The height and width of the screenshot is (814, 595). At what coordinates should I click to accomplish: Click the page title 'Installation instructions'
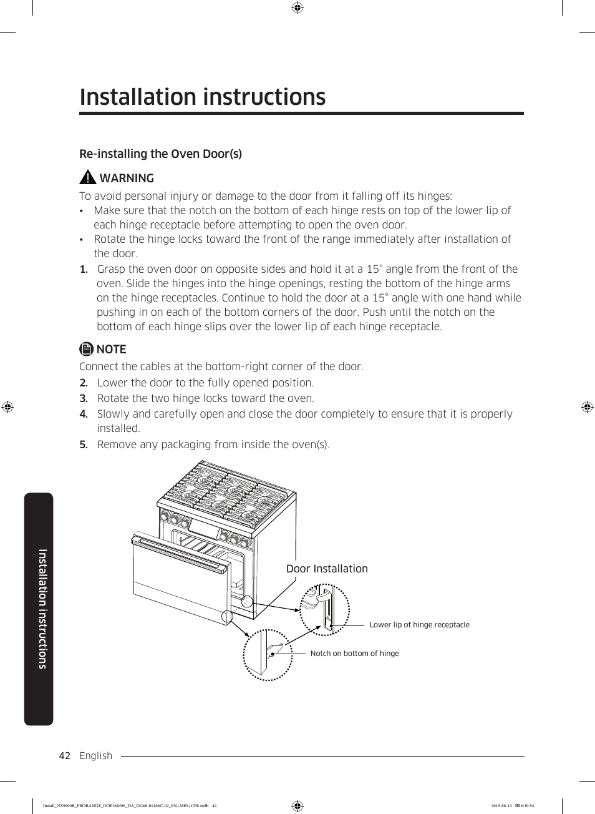(203, 97)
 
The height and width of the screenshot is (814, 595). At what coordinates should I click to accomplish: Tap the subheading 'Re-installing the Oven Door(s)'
(160, 154)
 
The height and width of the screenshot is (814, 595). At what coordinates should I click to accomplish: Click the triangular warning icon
(88, 178)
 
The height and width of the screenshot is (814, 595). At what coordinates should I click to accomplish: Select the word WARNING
(127, 179)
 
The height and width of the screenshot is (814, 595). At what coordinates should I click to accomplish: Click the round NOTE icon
(87, 349)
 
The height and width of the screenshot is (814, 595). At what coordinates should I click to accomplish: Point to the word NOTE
(112, 350)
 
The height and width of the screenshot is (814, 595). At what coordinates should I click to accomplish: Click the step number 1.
(84, 270)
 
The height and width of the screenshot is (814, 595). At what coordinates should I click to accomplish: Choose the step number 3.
(84, 398)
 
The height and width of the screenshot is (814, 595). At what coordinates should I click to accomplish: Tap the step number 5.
(84, 444)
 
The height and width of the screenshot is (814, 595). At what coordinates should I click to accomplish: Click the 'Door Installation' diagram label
(327, 569)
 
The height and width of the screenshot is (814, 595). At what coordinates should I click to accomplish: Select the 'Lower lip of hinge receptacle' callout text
(419, 625)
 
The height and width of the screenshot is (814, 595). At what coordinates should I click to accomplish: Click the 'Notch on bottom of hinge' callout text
(354, 654)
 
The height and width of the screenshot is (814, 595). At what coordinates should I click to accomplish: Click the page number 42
(64, 756)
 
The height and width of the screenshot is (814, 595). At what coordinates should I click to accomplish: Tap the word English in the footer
(96, 756)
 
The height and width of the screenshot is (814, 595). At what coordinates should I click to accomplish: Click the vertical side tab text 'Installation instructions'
(42, 609)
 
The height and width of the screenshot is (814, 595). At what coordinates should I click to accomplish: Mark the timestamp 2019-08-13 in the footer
(501, 806)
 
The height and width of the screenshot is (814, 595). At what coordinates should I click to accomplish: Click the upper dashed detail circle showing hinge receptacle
(324, 610)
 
